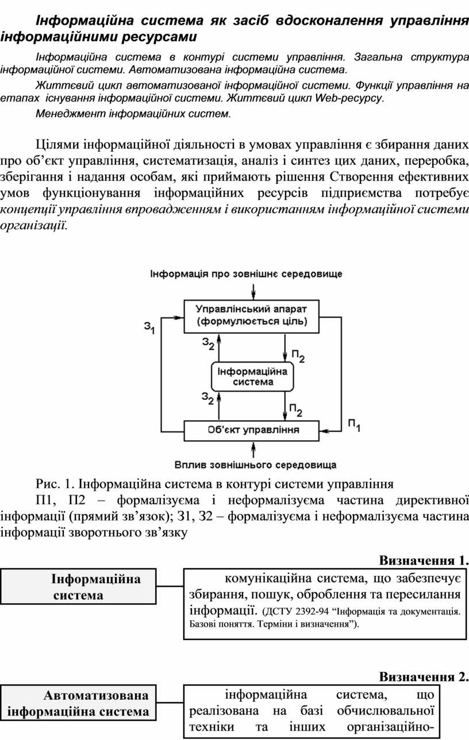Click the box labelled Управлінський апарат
click(x=251, y=316)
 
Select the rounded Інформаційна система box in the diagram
click(x=252, y=377)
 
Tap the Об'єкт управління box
click(x=251, y=431)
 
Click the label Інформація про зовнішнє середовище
click(x=246, y=274)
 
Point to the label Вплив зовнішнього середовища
click(x=256, y=465)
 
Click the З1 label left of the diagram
click(x=149, y=327)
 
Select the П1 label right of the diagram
click(x=354, y=426)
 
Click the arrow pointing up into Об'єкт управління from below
click(x=253, y=450)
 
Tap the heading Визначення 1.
click(x=424, y=560)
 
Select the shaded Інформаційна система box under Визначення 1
click(x=78, y=587)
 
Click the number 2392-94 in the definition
click(x=312, y=611)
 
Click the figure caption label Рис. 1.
click(x=55, y=484)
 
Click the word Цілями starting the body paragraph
click(x=57, y=145)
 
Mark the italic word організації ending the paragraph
click(x=33, y=226)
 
